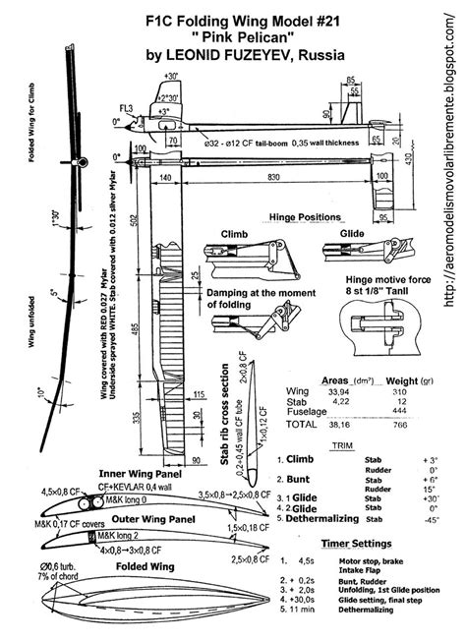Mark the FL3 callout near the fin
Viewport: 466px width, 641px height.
click(127, 106)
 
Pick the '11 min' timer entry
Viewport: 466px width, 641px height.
click(298, 624)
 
